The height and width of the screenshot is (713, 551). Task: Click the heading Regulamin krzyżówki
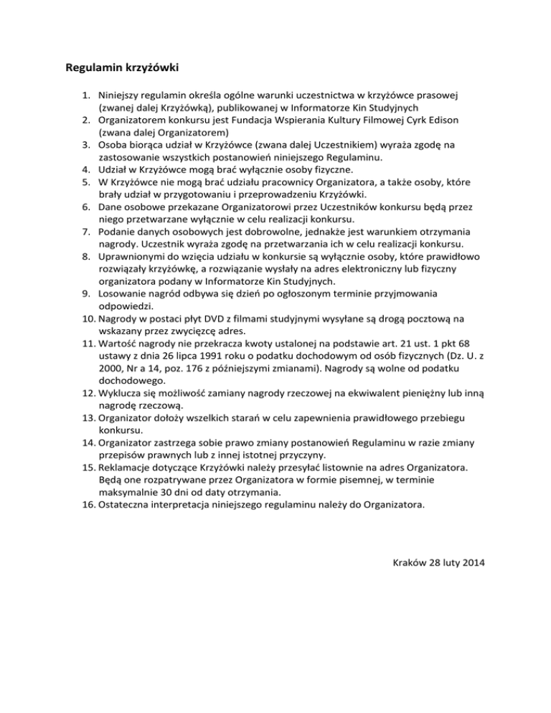(x=121, y=70)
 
